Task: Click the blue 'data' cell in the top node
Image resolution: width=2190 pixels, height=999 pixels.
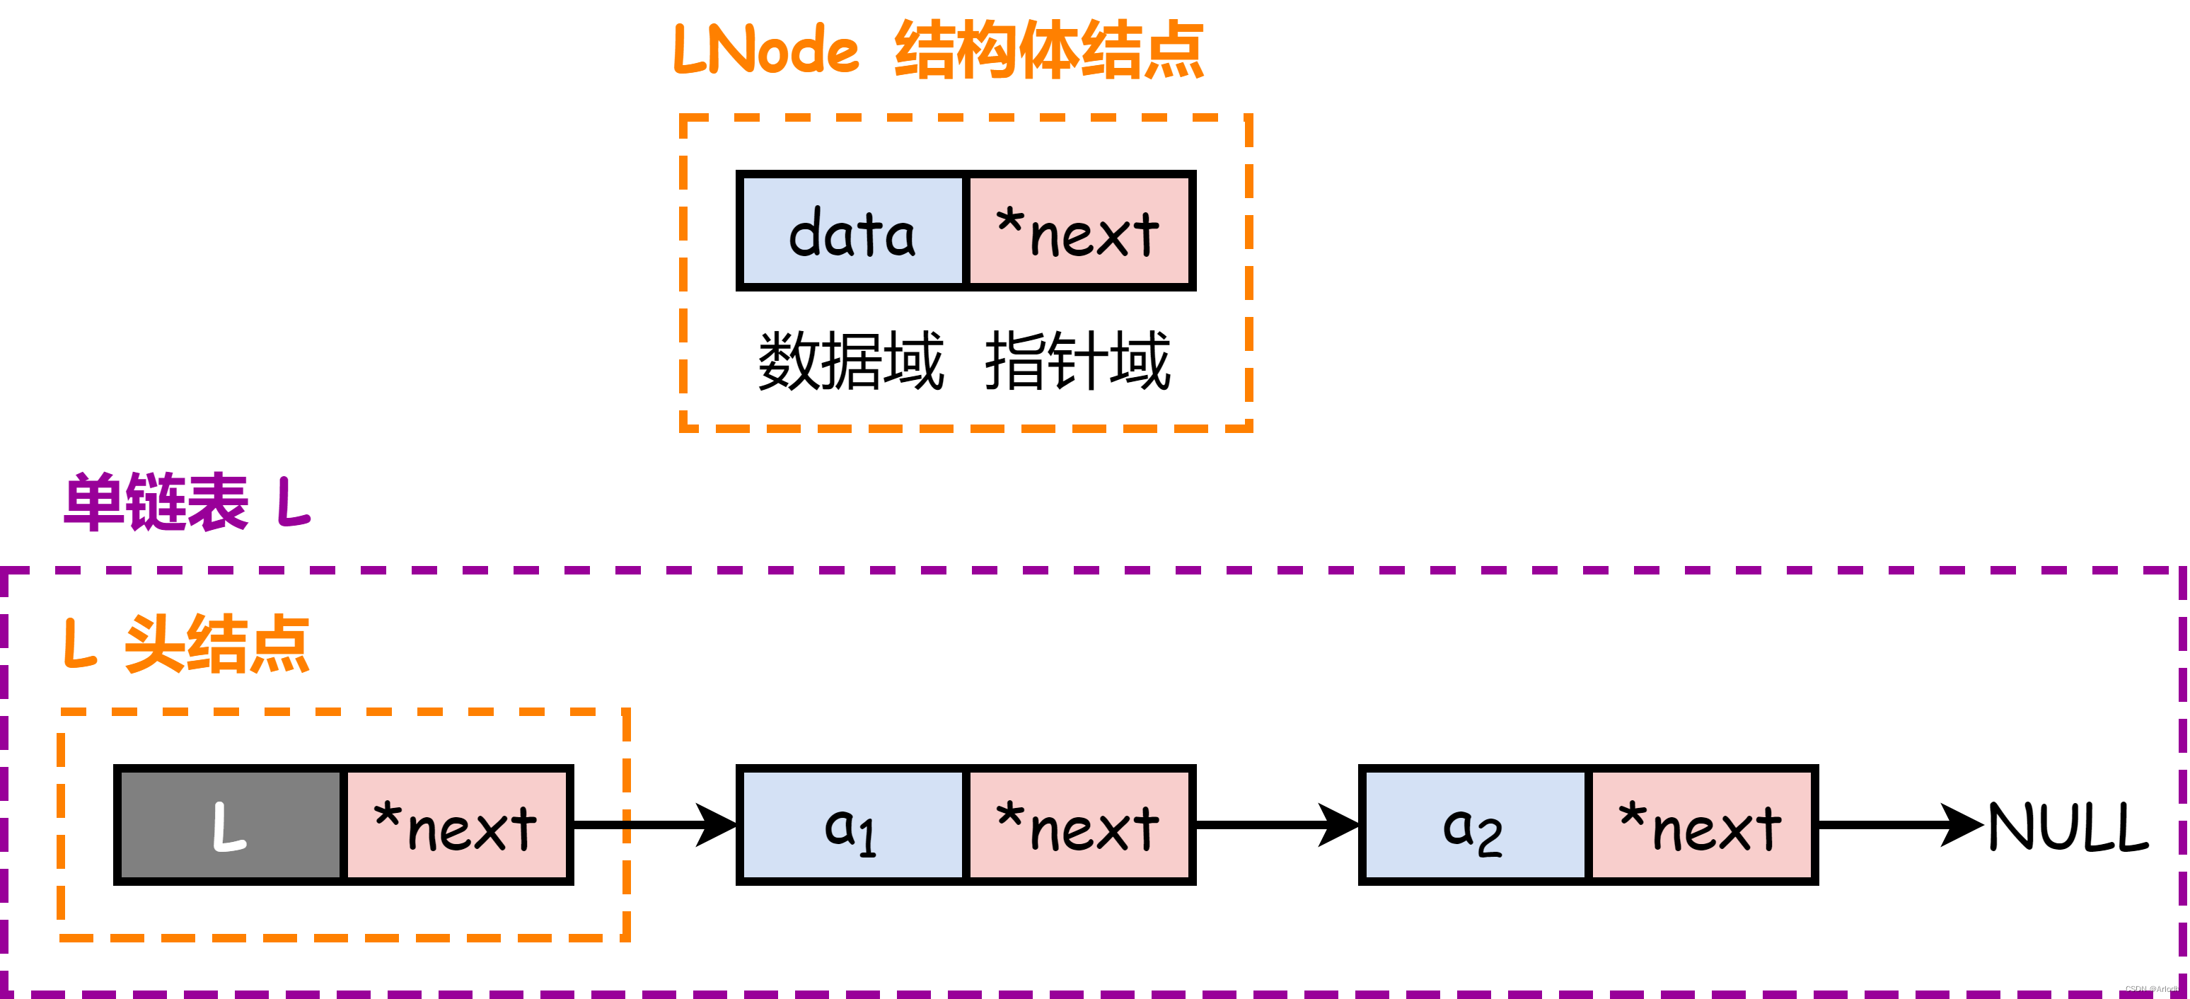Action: pyautogui.click(x=852, y=231)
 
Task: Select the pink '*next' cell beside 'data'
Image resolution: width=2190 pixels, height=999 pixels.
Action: pyautogui.click(x=1079, y=231)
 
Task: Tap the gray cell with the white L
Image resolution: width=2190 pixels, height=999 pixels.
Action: pyautogui.click(x=230, y=826)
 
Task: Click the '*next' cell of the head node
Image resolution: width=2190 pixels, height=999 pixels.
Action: pyautogui.click(x=456, y=826)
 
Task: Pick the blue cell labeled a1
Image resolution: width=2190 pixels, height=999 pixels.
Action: pyautogui.click(x=852, y=826)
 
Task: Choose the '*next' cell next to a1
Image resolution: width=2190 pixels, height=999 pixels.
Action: pyautogui.click(x=1079, y=826)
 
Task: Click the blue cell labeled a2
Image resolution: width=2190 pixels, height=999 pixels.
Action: pyautogui.click(x=1474, y=826)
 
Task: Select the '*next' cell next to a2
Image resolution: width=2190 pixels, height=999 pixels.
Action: pyautogui.click(x=1701, y=826)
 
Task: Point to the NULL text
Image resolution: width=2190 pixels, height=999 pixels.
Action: pyautogui.click(x=2068, y=826)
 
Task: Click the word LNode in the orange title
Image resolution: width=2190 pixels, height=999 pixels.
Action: pyautogui.click(x=766, y=50)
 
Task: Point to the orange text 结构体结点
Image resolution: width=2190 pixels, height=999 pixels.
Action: pyautogui.click(x=1049, y=51)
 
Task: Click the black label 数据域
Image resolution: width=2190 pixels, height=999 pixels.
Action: pyautogui.click(x=851, y=362)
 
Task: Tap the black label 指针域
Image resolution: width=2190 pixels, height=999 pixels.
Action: pyautogui.click(x=1078, y=362)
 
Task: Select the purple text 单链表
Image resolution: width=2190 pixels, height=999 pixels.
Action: pyautogui.click(x=156, y=502)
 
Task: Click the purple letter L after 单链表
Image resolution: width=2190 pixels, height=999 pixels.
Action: pyautogui.click(x=294, y=502)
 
